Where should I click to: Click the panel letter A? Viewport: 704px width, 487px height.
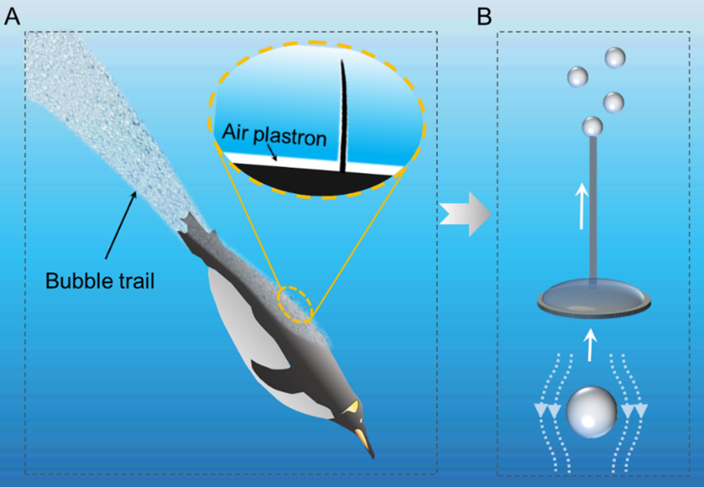pos(12,16)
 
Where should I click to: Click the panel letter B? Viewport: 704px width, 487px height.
pos(484,16)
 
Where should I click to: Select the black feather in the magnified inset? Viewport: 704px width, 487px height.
pos(343,114)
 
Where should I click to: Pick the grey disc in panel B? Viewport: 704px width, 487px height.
pos(595,298)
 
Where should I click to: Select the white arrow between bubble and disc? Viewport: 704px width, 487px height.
pos(591,342)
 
